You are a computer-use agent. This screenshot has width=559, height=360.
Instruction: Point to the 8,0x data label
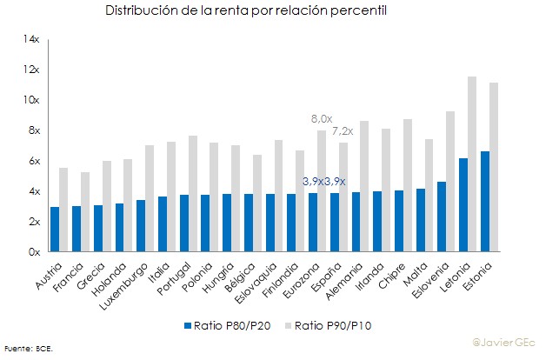click(x=322, y=118)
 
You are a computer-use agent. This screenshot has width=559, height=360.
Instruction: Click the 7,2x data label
click(x=343, y=131)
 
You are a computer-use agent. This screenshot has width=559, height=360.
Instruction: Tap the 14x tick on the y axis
click(x=32, y=39)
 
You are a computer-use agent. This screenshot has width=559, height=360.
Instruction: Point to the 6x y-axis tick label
click(x=33, y=161)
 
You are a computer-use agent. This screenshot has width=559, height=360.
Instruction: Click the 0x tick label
click(x=33, y=252)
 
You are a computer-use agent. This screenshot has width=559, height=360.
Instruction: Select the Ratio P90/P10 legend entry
click(x=331, y=326)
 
